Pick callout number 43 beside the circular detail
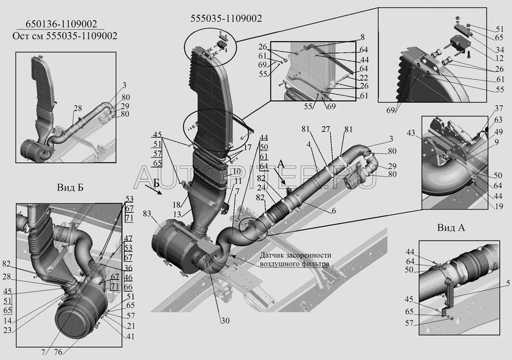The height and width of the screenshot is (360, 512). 412,132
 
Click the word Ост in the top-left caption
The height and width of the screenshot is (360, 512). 21,35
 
